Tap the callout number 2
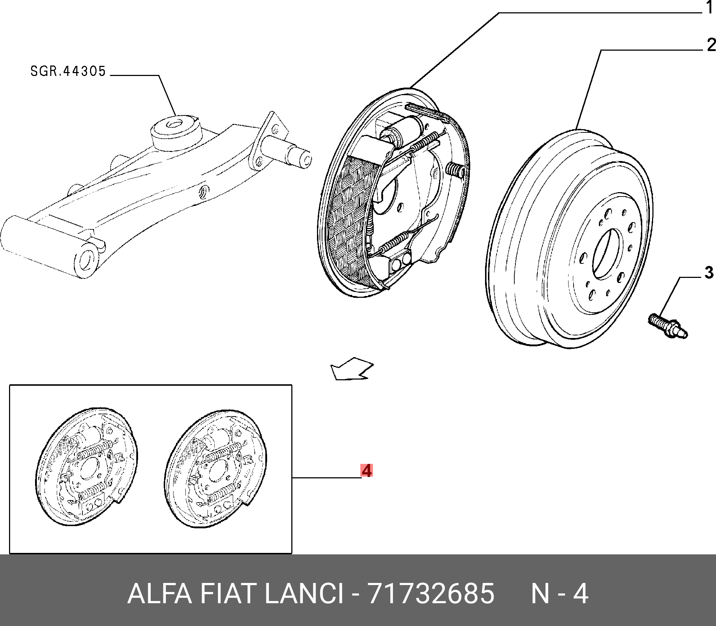tap(711, 45)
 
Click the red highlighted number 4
tap(366, 471)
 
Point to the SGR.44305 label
tap(68, 71)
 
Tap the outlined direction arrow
tap(352, 369)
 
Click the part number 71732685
tap(431, 594)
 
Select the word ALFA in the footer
tap(159, 594)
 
